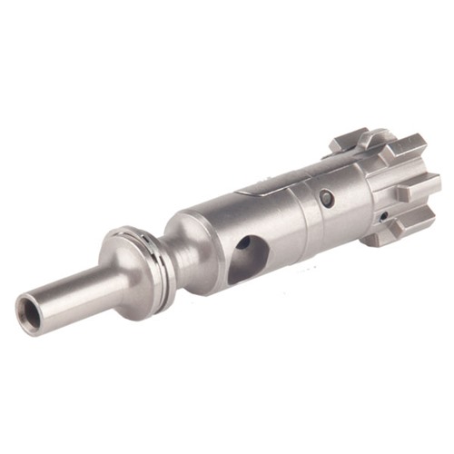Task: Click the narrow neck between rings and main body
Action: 162,238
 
